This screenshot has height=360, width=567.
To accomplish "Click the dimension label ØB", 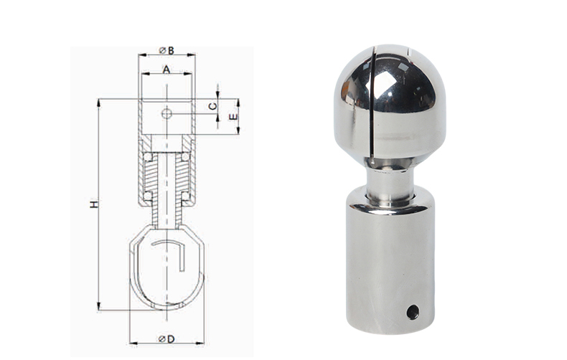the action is pos(167,50).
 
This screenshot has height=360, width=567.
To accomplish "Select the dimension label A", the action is pos(166,69).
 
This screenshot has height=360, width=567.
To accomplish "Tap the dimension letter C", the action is pos(213,106).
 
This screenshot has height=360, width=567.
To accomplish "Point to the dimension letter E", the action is pos(234,117).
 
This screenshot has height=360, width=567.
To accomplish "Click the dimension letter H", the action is pos(94,204).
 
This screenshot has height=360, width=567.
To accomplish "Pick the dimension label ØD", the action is pos(167,338).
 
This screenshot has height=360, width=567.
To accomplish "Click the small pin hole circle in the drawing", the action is pos(167,114).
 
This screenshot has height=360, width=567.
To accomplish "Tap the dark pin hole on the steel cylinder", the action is pos(413,312).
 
